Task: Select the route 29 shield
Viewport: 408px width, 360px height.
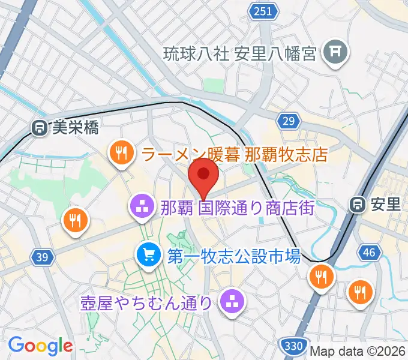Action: coord(289,122)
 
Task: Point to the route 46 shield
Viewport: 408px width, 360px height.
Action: coord(369,253)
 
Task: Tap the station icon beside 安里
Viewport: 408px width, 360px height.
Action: coord(359,205)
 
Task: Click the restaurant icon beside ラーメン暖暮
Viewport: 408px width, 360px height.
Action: coord(121,154)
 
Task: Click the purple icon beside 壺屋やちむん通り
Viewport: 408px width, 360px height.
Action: coord(231,301)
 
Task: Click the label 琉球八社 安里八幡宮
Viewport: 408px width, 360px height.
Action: coord(240,55)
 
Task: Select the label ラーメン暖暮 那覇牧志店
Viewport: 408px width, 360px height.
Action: coord(234,155)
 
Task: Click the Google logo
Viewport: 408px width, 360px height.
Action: coord(40,346)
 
